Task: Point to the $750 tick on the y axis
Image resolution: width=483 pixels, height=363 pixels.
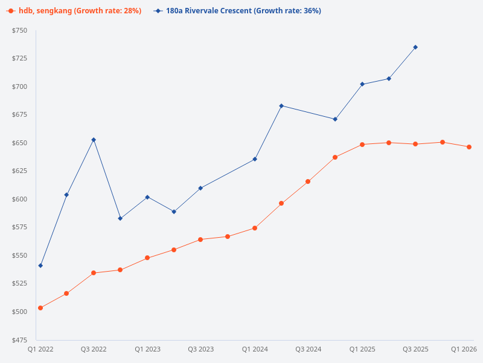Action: pyautogui.click(x=19, y=30)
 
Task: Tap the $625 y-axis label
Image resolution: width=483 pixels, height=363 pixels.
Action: pyautogui.click(x=19, y=171)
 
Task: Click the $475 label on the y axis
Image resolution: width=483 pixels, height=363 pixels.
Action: pyautogui.click(x=19, y=339)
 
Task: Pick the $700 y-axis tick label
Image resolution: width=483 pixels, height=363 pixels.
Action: pyautogui.click(x=19, y=87)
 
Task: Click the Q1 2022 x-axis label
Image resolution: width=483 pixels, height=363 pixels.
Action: pyautogui.click(x=40, y=349)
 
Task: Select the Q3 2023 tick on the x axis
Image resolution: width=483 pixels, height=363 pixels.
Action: pyautogui.click(x=200, y=349)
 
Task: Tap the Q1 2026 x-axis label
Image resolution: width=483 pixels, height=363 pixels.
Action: pyautogui.click(x=464, y=349)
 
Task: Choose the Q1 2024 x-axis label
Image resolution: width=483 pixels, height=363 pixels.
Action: pyautogui.click(x=255, y=349)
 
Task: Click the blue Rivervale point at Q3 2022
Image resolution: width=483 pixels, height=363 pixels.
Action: pyautogui.click(x=94, y=140)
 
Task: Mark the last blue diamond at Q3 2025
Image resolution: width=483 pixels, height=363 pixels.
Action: pyautogui.click(x=415, y=47)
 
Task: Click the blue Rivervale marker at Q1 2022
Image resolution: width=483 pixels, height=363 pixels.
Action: pyautogui.click(x=40, y=266)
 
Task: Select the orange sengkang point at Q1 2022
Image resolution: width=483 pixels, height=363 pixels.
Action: pyautogui.click(x=40, y=308)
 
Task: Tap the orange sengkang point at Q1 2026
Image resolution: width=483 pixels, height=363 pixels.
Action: pyautogui.click(x=469, y=147)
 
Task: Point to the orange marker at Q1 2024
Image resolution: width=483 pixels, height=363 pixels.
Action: pyautogui.click(x=255, y=228)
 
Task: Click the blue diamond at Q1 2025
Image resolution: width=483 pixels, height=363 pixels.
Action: pyautogui.click(x=362, y=84)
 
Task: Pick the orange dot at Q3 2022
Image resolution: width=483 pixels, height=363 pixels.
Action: pyautogui.click(x=94, y=273)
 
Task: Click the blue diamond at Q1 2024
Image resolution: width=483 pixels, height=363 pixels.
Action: pyautogui.click(x=255, y=159)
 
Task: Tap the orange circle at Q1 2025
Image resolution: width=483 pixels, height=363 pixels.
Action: pyautogui.click(x=362, y=145)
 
